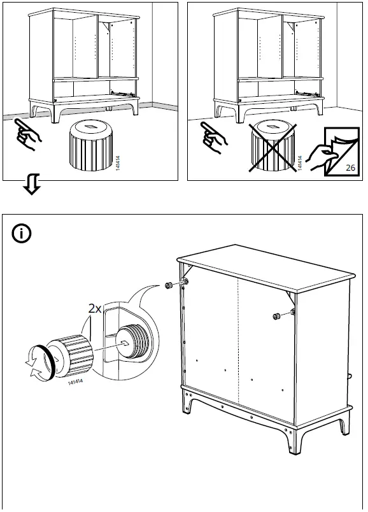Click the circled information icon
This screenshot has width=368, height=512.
(22, 234)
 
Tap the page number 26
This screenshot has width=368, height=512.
(350, 167)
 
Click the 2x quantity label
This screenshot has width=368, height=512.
(95, 309)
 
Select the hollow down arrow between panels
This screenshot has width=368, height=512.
(32, 184)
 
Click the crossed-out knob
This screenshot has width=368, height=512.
(272, 147)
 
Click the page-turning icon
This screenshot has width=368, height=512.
(334, 152)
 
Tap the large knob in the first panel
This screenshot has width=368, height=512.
(91, 146)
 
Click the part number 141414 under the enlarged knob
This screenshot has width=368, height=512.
(75, 381)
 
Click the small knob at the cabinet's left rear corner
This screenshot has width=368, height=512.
(169, 285)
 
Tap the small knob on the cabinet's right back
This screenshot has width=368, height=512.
(277, 316)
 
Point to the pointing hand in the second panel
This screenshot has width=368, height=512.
(213, 138)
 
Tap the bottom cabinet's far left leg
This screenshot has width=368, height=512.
(187, 402)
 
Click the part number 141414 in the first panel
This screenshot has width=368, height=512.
(118, 163)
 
